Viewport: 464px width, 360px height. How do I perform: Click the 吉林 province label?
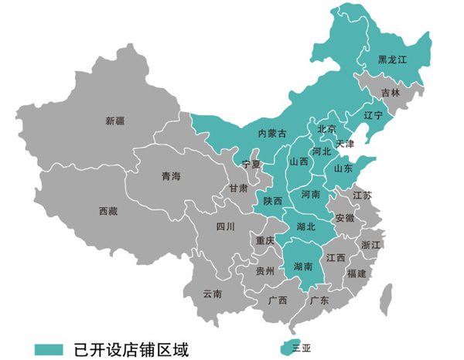[391, 93]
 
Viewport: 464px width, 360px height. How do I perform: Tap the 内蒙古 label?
[271, 134]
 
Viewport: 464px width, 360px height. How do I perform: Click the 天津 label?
[345, 144]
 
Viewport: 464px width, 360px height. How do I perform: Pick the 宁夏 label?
[252, 164]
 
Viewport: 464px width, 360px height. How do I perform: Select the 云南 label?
[212, 294]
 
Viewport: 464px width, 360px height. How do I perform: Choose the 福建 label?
[357, 273]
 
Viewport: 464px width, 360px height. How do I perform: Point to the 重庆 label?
[265, 241]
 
